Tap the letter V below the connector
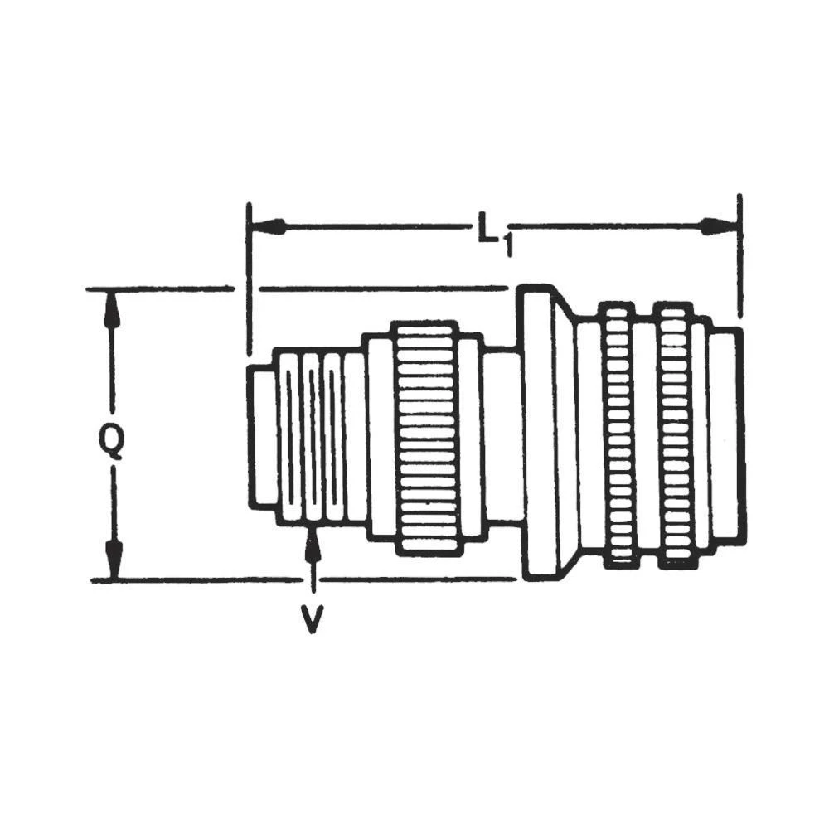click(x=312, y=618)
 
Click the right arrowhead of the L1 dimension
click(x=718, y=225)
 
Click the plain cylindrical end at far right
click(x=726, y=435)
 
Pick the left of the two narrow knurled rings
click(x=618, y=435)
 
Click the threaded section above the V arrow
click(x=319, y=437)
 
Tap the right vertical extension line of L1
click(x=739, y=257)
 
